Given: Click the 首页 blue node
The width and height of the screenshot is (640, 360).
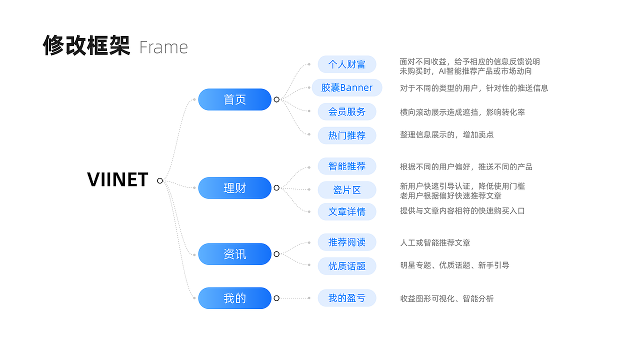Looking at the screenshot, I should coord(234,99).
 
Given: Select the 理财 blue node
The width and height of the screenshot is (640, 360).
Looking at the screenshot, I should coord(234,188).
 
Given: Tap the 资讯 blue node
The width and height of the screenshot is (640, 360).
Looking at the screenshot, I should coord(234,254).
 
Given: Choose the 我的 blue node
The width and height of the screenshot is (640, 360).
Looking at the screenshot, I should coord(234,298).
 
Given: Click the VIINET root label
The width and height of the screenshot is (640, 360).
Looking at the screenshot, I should coord(117,180).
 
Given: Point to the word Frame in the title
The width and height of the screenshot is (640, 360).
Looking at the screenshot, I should coord(163,47).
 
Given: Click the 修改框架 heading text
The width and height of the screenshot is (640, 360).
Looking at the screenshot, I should coord(86,45).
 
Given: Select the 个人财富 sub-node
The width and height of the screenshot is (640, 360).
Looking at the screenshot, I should coord(346,64).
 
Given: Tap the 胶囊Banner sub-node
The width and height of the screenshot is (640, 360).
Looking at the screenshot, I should coord(346,87).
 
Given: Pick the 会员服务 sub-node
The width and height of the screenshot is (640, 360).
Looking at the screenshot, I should coord(346,111).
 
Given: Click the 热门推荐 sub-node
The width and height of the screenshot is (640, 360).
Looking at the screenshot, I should coord(346,135).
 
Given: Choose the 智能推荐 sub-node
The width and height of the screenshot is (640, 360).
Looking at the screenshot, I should coord(346,166).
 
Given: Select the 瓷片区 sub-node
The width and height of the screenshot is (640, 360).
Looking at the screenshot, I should coord(346,190).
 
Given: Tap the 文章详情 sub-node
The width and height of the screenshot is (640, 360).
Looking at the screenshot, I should coord(346,211).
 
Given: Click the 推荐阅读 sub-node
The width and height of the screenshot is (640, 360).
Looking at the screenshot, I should coord(346,242).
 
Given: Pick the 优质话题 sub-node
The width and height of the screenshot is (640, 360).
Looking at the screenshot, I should coord(346,266).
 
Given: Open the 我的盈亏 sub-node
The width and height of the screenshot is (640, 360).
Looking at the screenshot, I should coord(346,298).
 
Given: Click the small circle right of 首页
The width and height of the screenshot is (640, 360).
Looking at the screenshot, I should coord(276,99).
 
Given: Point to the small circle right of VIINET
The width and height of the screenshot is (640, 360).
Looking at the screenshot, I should coord(160,180).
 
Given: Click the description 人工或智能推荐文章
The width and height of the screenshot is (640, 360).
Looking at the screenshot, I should coord(435,243).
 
